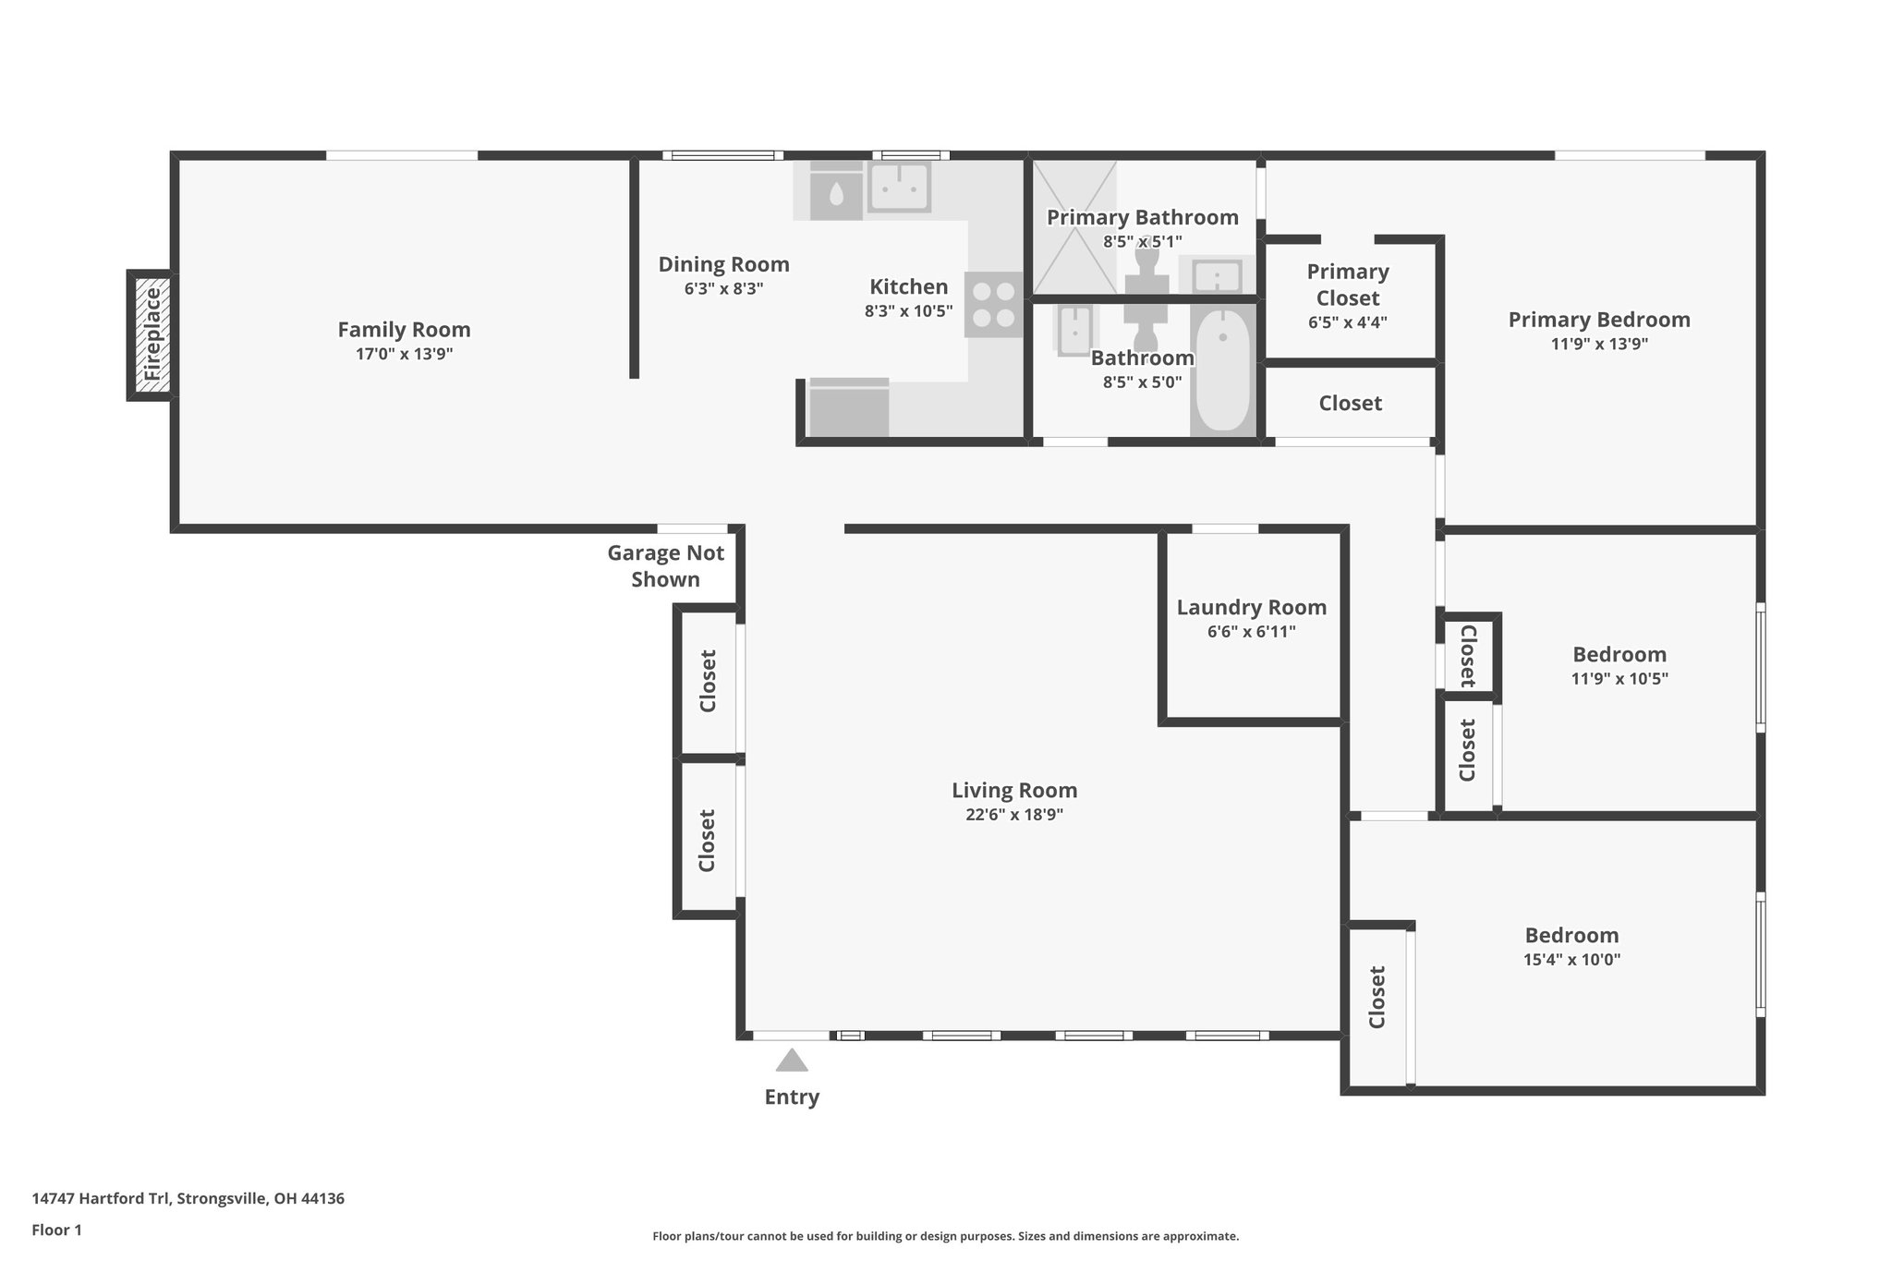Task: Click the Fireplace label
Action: (x=152, y=334)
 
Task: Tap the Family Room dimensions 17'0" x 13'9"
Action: (x=404, y=354)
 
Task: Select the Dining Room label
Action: (x=723, y=264)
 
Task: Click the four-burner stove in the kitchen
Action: (x=994, y=305)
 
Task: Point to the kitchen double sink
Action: (x=898, y=188)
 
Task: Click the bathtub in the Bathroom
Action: (x=1222, y=371)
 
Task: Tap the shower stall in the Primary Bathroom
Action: (x=1073, y=227)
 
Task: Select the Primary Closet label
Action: (x=1348, y=285)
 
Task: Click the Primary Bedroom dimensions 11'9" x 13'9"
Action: (x=1599, y=345)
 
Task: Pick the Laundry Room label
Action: (x=1251, y=608)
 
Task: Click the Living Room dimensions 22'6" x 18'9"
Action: (x=1014, y=815)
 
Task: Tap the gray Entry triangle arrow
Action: (x=792, y=1061)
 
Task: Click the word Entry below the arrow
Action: (x=792, y=1097)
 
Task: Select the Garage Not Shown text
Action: (x=665, y=566)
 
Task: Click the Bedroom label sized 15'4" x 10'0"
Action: (x=1571, y=935)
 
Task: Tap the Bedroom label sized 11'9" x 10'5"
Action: (x=1619, y=654)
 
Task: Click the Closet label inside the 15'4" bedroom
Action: (x=1377, y=997)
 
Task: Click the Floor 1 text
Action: (x=57, y=1230)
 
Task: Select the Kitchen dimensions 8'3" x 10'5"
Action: (x=908, y=311)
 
